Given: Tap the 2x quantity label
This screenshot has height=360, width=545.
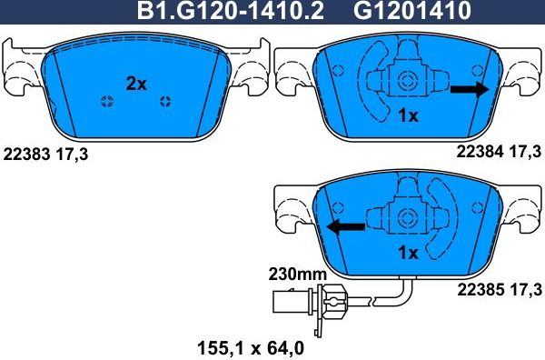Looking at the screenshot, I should (136, 84).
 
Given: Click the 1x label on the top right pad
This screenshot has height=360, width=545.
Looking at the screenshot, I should (408, 115).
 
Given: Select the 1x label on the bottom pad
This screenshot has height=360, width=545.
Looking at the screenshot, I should (408, 253).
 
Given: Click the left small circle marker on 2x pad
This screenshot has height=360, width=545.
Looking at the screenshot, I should (106, 100).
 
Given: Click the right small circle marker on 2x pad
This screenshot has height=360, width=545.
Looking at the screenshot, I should (165, 100).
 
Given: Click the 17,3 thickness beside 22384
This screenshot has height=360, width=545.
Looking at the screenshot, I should (525, 148).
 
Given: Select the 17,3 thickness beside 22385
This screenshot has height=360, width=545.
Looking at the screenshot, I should (525, 290).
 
